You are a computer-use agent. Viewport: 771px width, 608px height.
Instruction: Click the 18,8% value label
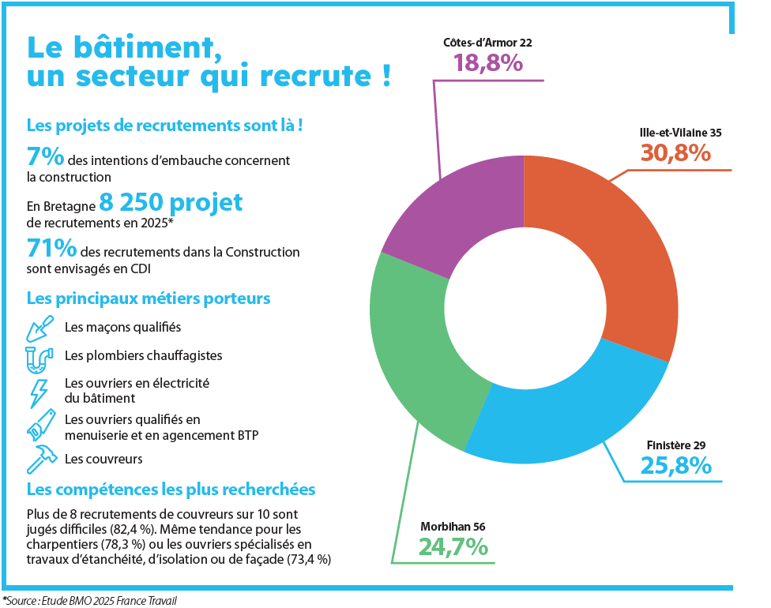[487, 63]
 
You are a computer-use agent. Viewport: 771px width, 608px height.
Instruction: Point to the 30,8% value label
[675, 153]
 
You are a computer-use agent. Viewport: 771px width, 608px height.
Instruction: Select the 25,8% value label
[676, 465]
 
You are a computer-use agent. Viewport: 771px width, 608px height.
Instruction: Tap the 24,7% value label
[453, 547]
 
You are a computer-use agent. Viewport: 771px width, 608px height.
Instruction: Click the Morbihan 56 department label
[453, 527]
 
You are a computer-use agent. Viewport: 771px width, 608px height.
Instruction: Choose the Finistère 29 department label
[676, 445]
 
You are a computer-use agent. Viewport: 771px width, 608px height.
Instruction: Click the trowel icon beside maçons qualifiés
[39, 328]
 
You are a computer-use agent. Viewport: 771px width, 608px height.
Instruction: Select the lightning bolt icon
[39, 393]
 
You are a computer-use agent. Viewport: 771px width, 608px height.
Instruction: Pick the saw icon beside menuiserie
[41, 425]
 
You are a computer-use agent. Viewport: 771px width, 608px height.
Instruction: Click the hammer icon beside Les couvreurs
[42, 459]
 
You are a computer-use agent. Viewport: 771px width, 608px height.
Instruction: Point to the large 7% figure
[45, 156]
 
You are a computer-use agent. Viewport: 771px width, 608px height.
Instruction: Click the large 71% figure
[51, 248]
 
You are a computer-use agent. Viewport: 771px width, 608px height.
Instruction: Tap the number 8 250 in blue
[131, 201]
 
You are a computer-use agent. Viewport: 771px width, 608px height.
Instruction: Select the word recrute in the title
[316, 76]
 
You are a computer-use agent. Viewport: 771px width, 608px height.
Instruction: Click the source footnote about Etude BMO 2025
[90, 601]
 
